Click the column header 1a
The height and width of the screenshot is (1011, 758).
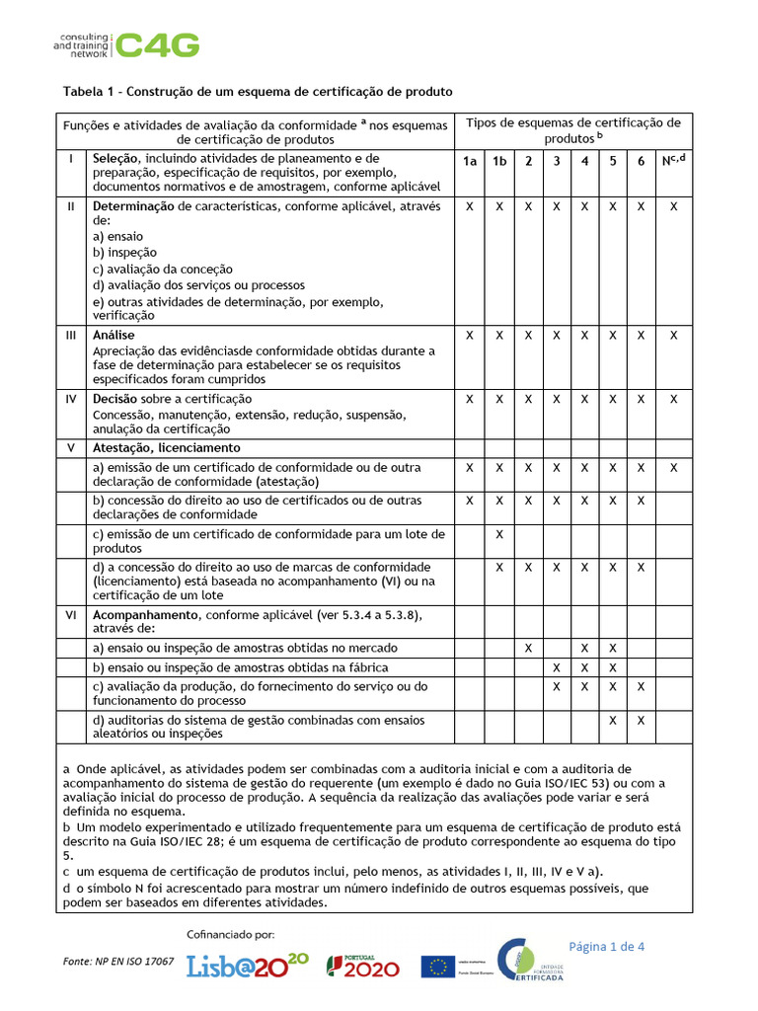pyautogui.click(x=470, y=161)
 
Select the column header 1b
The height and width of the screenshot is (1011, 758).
pyautogui.click(x=499, y=161)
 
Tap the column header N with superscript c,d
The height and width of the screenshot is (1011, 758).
pyautogui.click(x=673, y=160)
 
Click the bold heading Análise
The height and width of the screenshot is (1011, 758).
pyautogui.click(x=114, y=336)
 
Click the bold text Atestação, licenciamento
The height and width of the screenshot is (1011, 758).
pyautogui.click(x=166, y=447)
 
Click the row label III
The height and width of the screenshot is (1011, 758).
pyautogui.click(x=71, y=336)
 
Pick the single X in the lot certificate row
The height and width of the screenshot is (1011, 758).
pyautogui.click(x=499, y=534)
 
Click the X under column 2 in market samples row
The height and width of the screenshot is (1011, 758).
pyautogui.click(x=528, y=648)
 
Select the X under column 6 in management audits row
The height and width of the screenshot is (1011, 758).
pyautogui.click(x=641, y=721)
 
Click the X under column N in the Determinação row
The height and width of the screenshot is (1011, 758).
pyautogui.click(x=673, y=206)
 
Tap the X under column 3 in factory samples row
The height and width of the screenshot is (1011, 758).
pyautogui.click(x=557, y=668)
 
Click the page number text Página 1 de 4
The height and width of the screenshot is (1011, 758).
pyautogui.click(x=605, y=946)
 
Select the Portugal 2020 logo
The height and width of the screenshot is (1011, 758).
pyautogui.click(x=364, y=965)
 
